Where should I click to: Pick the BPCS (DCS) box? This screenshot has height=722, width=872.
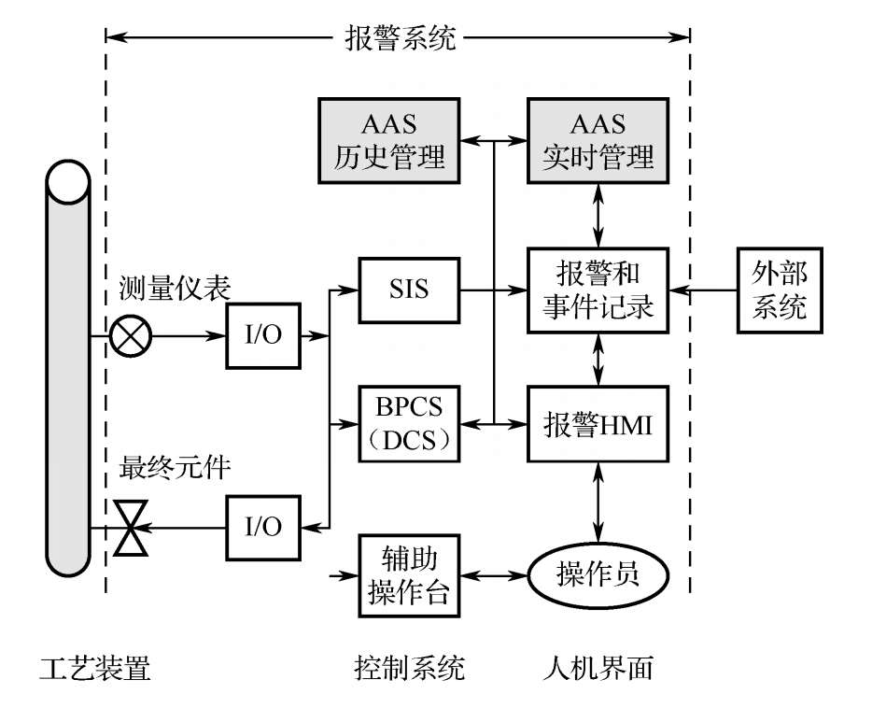point(410,425)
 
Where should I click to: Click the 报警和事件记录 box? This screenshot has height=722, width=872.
point(598,290)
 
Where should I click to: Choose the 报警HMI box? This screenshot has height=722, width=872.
point(598,425)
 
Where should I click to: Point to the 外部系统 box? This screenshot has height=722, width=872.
point(781,290)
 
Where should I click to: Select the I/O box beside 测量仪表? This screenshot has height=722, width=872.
point(263,335)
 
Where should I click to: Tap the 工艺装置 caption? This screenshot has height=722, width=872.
point(95,669)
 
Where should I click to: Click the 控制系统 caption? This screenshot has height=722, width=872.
point(409,669)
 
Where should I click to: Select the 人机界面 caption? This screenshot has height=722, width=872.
point(598,669)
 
